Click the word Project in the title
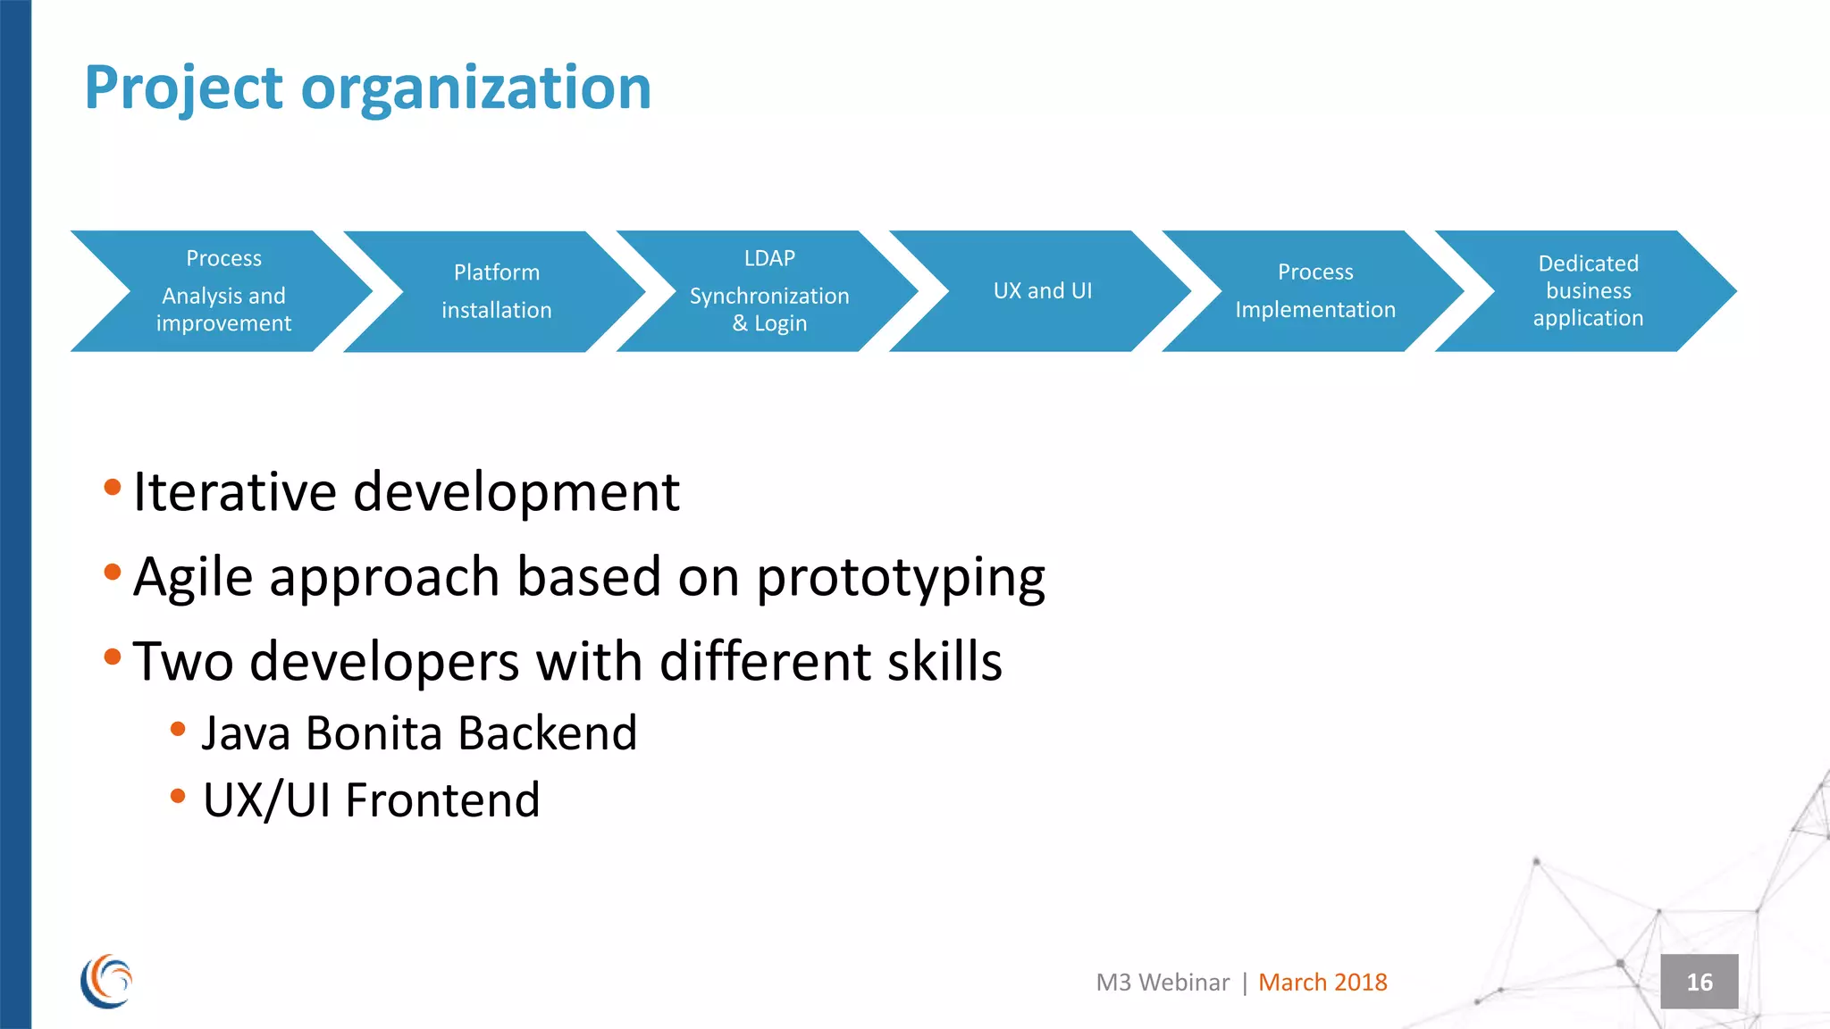tap(183, 88)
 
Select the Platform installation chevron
tap(496, 291)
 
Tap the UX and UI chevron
tap(1042, 291)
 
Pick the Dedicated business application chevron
tap(1588, 291)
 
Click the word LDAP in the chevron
tap(769, 258)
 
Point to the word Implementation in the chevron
tap(1314, 310)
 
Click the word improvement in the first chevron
tap(223, 323)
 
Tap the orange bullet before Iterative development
tap(113, 487)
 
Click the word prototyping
tap(901, 578)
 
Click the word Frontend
tap(442, 800)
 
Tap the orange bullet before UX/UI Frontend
tap(178, 795)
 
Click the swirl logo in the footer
tap(106, 982)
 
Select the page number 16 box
tap(1699, 982)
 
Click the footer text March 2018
tap(1322, 983)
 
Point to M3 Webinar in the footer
tap(1163, 983)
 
